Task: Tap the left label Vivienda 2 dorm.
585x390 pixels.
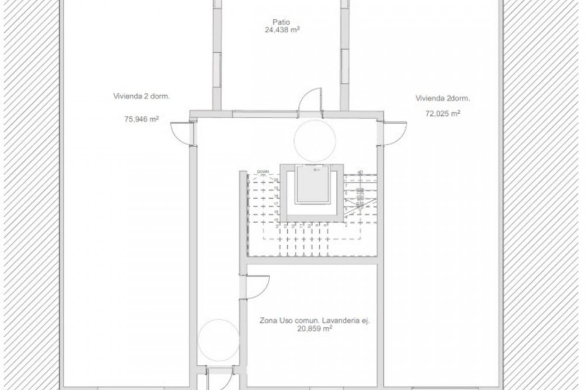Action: tap(137, 97)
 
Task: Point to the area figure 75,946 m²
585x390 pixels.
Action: tap(142, 118)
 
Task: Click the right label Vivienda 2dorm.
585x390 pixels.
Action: tap(443, 98)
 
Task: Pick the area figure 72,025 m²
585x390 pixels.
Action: tap(442, 113)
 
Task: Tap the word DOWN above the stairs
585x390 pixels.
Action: tap(262, 172)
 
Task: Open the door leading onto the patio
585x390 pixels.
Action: tap(310, 101)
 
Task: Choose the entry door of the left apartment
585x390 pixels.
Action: tap(182, 132)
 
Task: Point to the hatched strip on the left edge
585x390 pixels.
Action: tap(29, 193)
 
